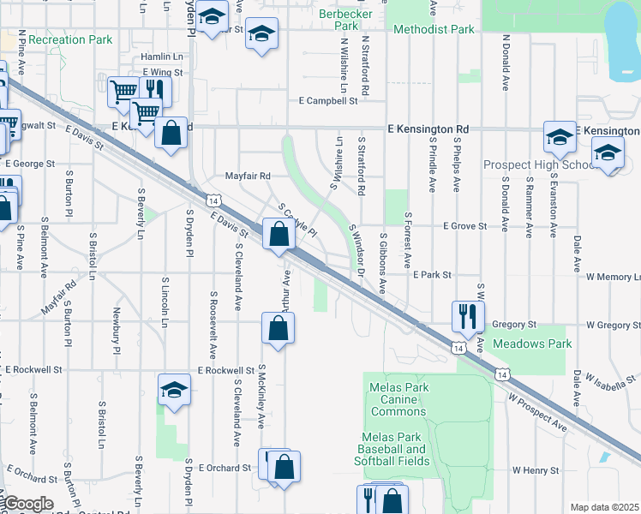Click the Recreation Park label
69,39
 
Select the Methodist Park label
434,29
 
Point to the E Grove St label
464,226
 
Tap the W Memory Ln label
613,278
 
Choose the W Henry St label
536,470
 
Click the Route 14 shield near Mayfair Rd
213,200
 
